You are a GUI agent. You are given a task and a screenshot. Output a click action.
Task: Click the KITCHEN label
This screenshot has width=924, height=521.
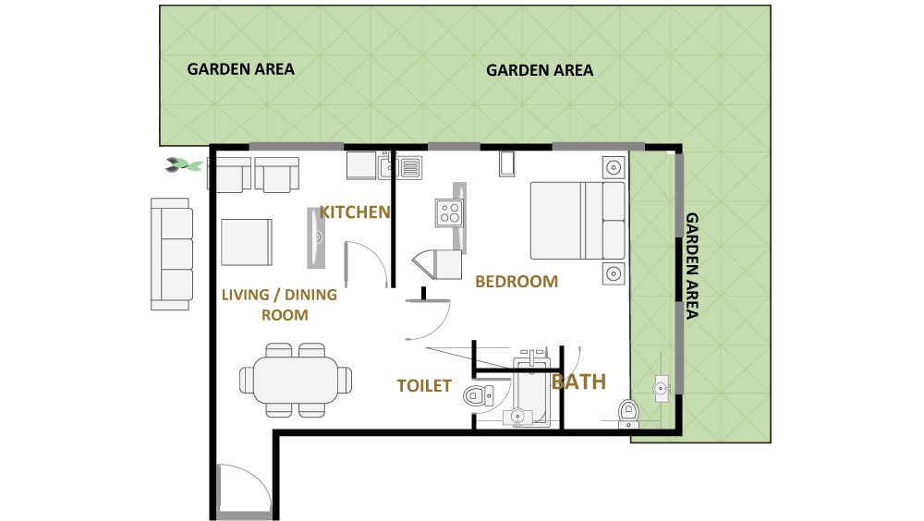click(x=355, y=212)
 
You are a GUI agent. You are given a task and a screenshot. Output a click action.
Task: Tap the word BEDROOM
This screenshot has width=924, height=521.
click(x=517, y=282)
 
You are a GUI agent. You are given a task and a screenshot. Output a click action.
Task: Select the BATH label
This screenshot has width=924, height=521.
click(x=578, y=381)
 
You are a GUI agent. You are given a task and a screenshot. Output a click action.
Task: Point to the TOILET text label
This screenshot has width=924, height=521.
click(x=424, y=386)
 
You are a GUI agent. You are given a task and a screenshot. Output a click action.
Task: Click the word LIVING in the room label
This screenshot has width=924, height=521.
click(x=249, y=296)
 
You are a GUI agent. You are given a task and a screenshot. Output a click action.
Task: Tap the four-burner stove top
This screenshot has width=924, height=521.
click(x=450, y=213)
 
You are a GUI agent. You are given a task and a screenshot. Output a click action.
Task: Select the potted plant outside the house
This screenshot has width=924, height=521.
click(x=184, y=165)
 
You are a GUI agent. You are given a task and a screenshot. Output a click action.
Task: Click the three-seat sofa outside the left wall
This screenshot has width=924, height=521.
click(x=172, y=253)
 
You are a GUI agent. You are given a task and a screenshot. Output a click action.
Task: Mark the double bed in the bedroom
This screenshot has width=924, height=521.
click(x=578, y=220)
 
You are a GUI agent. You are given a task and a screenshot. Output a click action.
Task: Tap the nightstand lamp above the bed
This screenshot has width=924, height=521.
click(x=613, y=168)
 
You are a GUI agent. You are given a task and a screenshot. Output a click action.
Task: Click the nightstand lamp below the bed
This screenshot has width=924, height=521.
click(x=613, y=273)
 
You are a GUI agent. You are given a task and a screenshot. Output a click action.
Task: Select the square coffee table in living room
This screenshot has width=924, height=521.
click(x=246, y=242)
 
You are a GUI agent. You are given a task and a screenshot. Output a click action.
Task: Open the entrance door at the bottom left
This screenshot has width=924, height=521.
click(x=242, y=489)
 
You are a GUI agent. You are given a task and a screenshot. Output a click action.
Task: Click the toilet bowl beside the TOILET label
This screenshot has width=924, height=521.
click(x=476, y=397)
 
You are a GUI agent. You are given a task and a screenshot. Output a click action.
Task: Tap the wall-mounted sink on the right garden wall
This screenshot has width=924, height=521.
click(x=660, y=388)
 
